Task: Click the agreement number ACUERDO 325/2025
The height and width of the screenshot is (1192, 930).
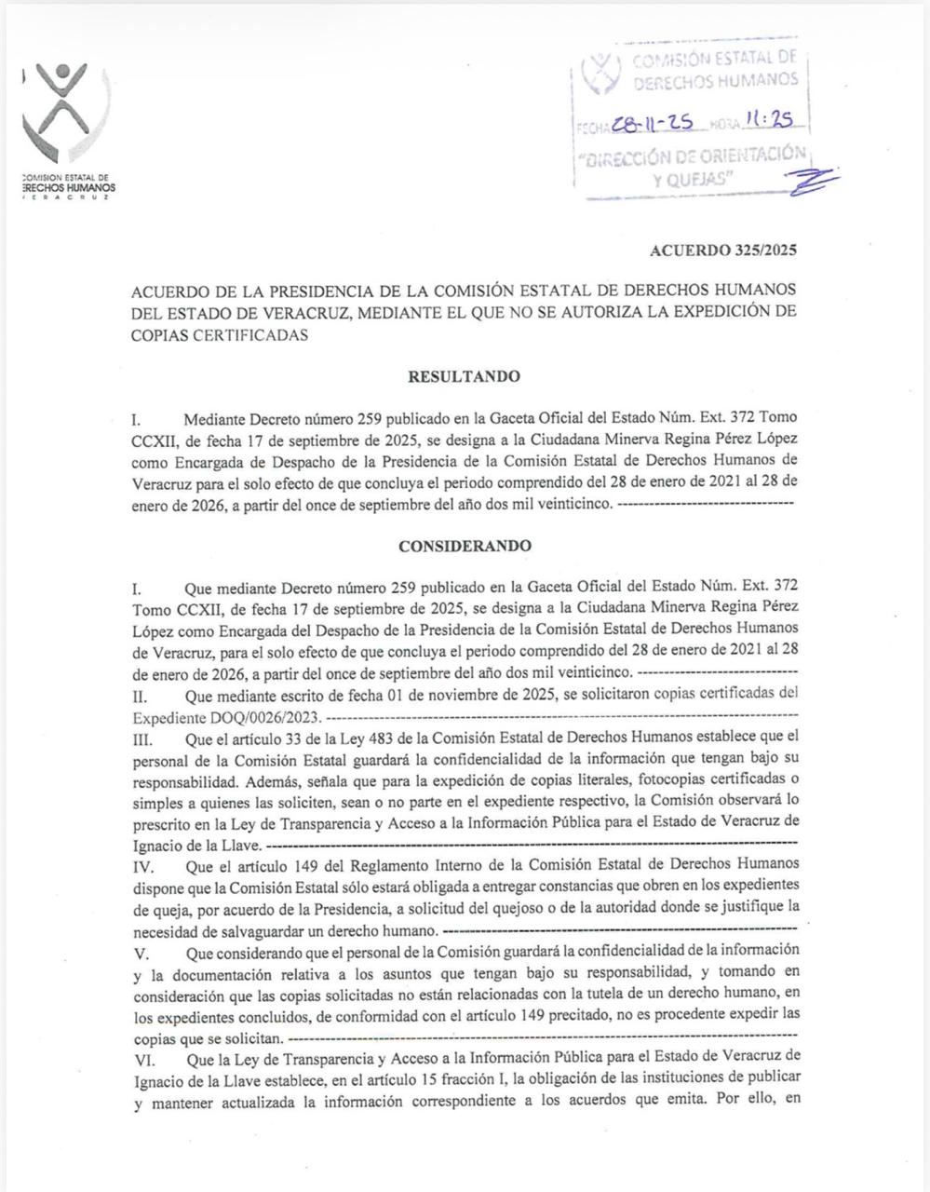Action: [723, 250]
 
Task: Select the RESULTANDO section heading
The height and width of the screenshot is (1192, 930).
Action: [464, 376]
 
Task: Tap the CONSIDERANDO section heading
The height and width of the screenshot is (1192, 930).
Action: [465, 546]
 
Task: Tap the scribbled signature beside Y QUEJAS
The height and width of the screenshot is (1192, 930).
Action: [809, 182]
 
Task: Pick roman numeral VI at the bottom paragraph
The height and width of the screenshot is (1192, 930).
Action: [142, 1059]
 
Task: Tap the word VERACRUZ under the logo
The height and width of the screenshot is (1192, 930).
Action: [66, 198]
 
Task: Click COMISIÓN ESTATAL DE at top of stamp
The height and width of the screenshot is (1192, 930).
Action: [712, 61]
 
